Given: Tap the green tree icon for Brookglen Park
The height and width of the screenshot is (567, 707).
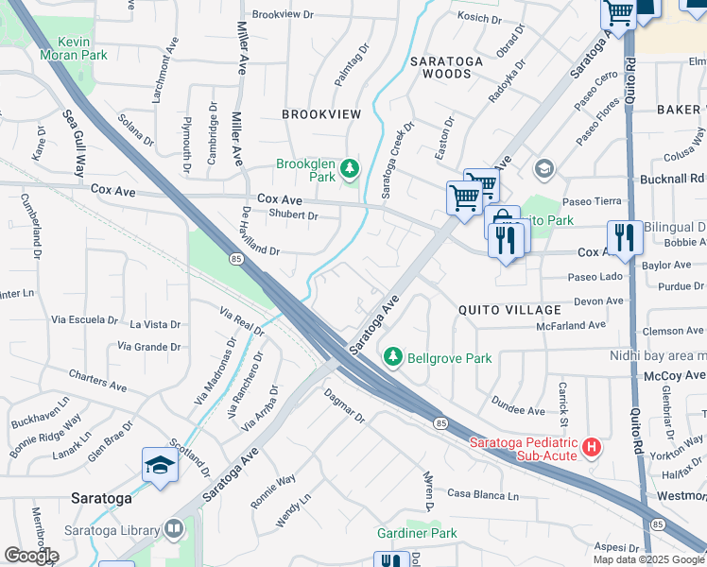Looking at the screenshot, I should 350,169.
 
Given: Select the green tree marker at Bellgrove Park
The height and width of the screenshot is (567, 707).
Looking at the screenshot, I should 393,358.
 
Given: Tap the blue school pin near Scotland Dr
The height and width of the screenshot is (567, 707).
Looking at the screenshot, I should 159,465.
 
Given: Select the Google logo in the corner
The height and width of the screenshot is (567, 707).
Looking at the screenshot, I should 30,556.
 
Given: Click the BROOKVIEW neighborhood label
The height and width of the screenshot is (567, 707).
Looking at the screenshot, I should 321,114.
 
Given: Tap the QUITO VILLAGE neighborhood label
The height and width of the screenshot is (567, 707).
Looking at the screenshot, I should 509,310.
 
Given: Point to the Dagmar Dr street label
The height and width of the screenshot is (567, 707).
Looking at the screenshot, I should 344,404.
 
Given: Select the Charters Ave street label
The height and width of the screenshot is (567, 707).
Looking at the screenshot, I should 97,381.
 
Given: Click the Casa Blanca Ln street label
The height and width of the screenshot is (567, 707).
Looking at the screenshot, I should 483,495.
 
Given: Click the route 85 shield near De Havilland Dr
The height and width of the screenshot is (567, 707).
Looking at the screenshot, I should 234,257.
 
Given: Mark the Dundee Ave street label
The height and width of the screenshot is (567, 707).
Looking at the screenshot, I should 517,411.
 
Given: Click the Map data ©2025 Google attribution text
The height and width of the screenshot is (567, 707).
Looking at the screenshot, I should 648,559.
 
